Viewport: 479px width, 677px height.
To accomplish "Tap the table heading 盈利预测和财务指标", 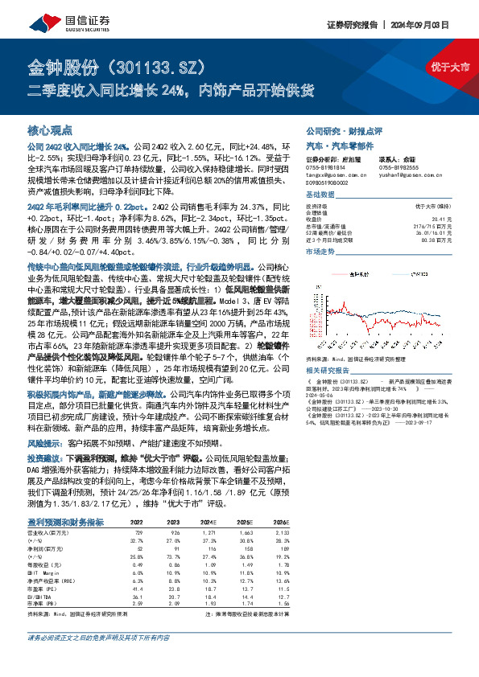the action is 67,521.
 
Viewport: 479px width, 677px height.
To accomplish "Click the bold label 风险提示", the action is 47,442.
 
